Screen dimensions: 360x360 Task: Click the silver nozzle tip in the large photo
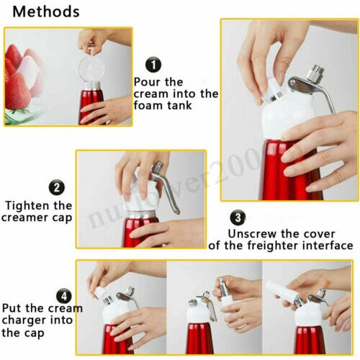pos(315,74)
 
